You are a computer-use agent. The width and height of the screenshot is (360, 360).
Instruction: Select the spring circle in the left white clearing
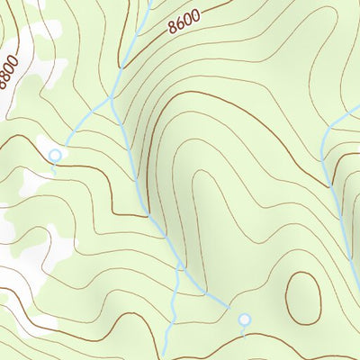click(x=55, y=155)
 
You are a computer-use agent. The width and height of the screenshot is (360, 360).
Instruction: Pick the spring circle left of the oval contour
click(x=242, y=319)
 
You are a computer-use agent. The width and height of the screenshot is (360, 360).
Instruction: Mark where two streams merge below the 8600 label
click(x=112, y=96)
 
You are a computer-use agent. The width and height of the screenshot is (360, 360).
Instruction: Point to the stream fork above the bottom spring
click(x=181, y=269)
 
